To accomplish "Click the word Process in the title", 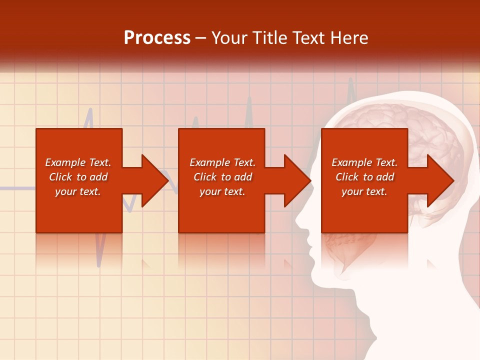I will pyautogui.click(x=157, y=38).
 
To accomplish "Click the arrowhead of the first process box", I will pyautogui.click(x=155, y=180).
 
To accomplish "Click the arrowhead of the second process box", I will pyautogui.click(x=297, y=180).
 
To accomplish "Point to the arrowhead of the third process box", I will pyautogui.click(x=440, y=180).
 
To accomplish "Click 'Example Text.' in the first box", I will pyautogui.click(x=78, y=162).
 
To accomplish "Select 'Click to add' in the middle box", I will pyautogui.click(x=222, y=177).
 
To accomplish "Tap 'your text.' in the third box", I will pyautogui.click(x=364, y=191).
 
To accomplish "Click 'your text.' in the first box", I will pyautogui.click(x=78, y=191).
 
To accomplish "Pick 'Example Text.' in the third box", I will pyautogui.click(x=364, y=162).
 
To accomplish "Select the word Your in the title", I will pyautogui.click(x=229, y=38).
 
